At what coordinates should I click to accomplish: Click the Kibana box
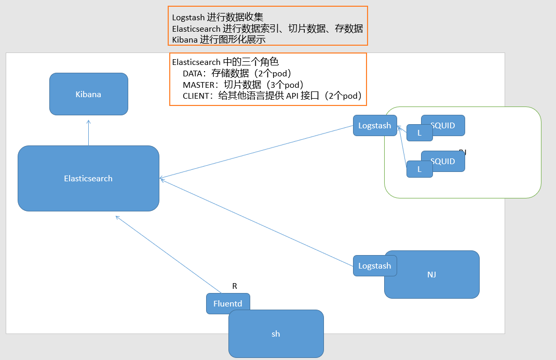click(x=88, y=94)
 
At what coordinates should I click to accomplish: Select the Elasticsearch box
click(x=88, y=178)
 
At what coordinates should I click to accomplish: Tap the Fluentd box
click(x=228, y=303)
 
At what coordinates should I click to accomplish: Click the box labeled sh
click(x=276, y=334)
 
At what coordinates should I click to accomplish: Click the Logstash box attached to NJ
click(x=374, y=265)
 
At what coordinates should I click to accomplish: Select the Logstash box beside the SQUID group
click(x=374, y=126)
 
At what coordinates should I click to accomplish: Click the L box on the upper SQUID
click(x=419, y=133)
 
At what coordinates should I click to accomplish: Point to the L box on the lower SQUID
click(x=419, y=169)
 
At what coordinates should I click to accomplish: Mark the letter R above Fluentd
click(x=235, y=286)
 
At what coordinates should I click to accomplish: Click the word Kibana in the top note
click(x=184, y=39)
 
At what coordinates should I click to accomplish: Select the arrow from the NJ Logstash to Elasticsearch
click(x=257, y=222)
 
